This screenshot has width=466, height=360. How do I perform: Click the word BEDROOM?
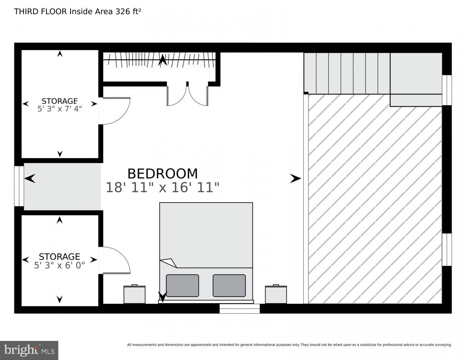pyautogui.click(x=163, y=174)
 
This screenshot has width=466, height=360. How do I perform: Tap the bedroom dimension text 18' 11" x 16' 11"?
pyautogui.click(x=163, y=187)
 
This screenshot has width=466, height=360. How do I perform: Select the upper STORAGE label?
pyautogui.click(x=60, y=101)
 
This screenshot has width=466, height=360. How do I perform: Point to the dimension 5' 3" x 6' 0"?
pyautogui.click(x=60, y=265)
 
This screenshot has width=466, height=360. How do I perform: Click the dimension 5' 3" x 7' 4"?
pyautogui.click(x=60, y=109)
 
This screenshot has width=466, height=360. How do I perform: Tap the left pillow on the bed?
pyautogui.click(x=182, y=285)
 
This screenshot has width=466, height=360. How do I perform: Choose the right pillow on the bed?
pyautogui.click(x=229, y=285)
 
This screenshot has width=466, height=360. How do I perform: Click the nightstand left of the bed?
pyautogui.click(x=135, y=294)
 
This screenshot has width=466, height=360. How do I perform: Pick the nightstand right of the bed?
pyautogui.click(x=276, y=294)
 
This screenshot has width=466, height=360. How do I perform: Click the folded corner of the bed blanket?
pyautogui.click(x=169, y=263)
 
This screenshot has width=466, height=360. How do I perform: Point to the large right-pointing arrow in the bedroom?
pyautogui.click(x=295, y=179)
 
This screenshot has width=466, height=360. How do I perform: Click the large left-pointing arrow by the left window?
pyautogui.click(x=30, y=179)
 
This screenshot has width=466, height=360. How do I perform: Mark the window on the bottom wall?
pyautogui.click(x=240, y=309)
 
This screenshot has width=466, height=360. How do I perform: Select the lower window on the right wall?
pyautogui.click(x=447, y=250)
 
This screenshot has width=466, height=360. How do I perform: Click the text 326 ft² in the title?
pyautogui.click(x=128, y=12)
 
